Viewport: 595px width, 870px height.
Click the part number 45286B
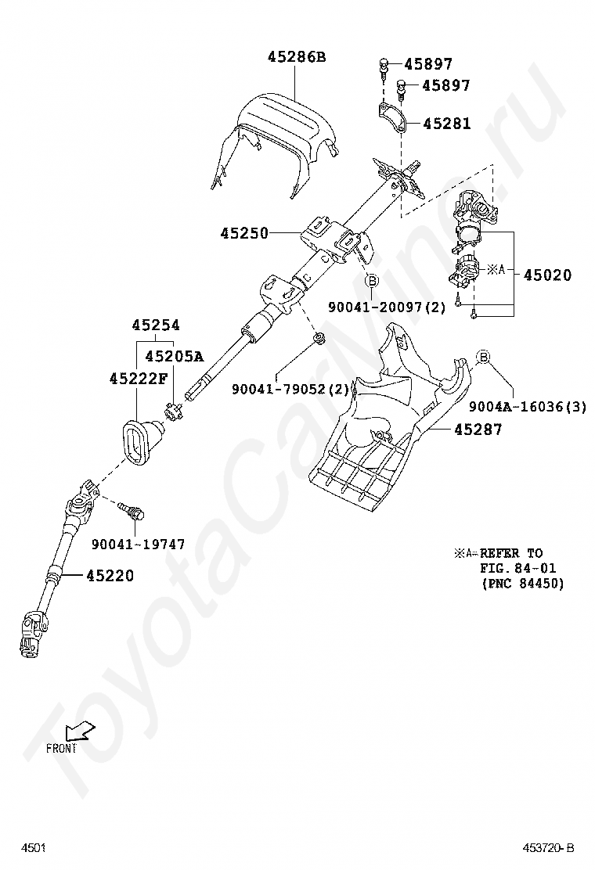click(x=296, y=57)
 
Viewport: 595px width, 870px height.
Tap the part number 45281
click(x=447, y=124)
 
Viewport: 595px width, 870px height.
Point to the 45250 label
click(x=243, y=233)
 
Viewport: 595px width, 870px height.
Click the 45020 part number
click(x=547, y=275)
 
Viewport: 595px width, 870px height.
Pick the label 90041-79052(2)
click(x=290, y=389)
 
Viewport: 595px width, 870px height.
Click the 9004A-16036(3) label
click(x=528, y=407)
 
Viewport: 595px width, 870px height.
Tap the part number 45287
click(x=477, y=430)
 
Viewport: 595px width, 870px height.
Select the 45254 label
click(x=155, y=325)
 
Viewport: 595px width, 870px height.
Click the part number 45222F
click(x=139, y=379)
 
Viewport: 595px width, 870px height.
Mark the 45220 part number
click(x=110, y=576)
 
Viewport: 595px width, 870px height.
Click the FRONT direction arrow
click(x=79, y=732)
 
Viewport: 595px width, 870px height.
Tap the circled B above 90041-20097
click(x=372, y=280)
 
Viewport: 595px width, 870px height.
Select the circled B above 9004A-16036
click(x=483, y=358)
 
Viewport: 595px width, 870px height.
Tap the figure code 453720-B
click(x=549, y=848)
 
